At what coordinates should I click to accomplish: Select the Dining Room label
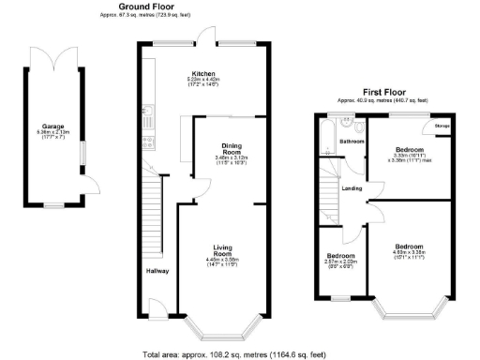tap(232, 148)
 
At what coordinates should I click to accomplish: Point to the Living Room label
tap(221, 250)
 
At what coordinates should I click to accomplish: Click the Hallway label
tap(157, 272)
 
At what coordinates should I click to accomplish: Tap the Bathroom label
tap(352, 142)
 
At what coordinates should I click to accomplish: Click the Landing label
tap(352, 188)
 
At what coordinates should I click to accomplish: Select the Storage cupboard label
tap(442, 125)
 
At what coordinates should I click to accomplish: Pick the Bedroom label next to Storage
tap(409, 150)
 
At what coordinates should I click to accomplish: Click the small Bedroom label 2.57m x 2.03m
tap(340, 256)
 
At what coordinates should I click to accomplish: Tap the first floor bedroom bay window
tap(406, 305)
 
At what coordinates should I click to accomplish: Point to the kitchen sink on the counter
tap(147, 116)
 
